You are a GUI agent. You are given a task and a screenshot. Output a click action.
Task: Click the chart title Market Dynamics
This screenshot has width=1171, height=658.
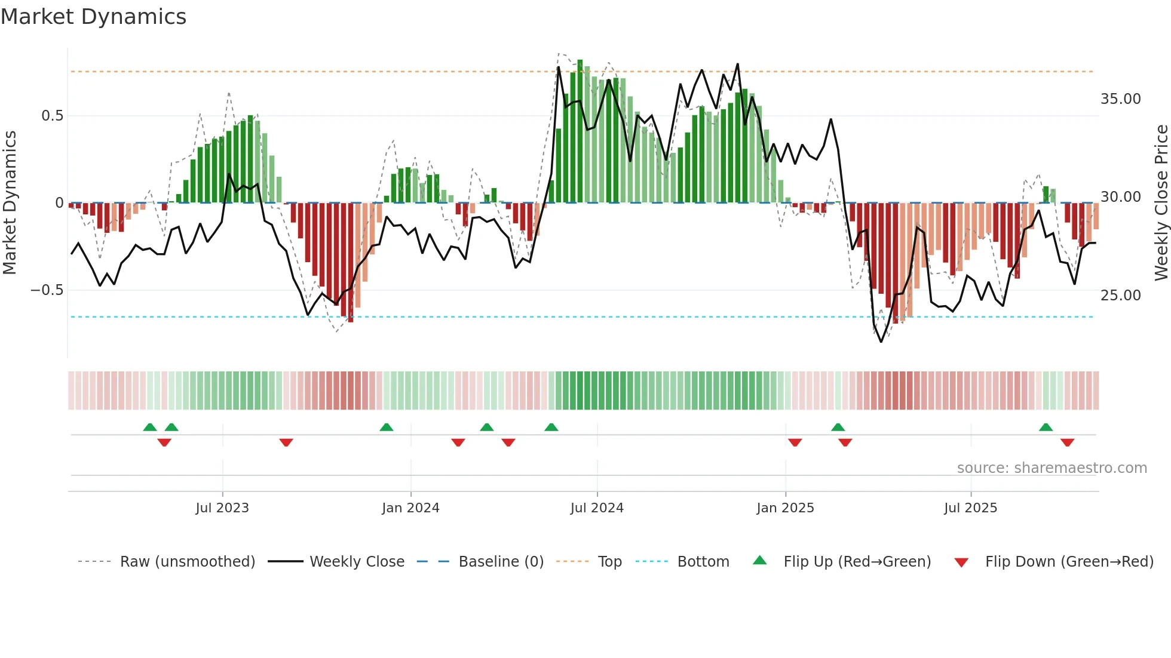click(93, 17)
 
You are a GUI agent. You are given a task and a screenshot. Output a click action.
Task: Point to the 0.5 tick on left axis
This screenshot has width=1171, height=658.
click(52, 116)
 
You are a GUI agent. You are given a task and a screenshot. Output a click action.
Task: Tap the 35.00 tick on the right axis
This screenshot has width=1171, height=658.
click(1120, 99)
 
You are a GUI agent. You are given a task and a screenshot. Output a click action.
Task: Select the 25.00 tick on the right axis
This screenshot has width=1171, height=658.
click(1120, 296)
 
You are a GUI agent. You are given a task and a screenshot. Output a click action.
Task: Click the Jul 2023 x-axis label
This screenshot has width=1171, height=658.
click(222, 508)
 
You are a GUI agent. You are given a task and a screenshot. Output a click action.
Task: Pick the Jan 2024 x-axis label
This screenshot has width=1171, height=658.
click(410, 508)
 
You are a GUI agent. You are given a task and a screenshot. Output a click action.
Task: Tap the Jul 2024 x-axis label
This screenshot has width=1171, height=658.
click(597, 508)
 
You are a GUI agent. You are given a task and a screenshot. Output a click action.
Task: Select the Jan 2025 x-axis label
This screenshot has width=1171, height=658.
click(785, 508)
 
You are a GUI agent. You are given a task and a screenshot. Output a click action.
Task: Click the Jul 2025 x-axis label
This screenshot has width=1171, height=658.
click(970, 508)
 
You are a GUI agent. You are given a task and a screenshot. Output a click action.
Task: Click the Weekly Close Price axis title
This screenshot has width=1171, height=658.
click(1161, 203)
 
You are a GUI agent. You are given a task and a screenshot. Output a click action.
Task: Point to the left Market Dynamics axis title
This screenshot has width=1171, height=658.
click(10, 203)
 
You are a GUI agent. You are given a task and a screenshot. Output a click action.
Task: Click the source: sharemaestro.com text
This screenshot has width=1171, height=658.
click(1052, 468)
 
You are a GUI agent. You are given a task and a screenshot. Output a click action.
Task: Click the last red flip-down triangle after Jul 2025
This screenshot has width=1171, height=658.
click(1067, 442)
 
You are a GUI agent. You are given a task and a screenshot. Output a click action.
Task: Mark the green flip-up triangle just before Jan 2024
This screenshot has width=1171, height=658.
click(387, 428)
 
